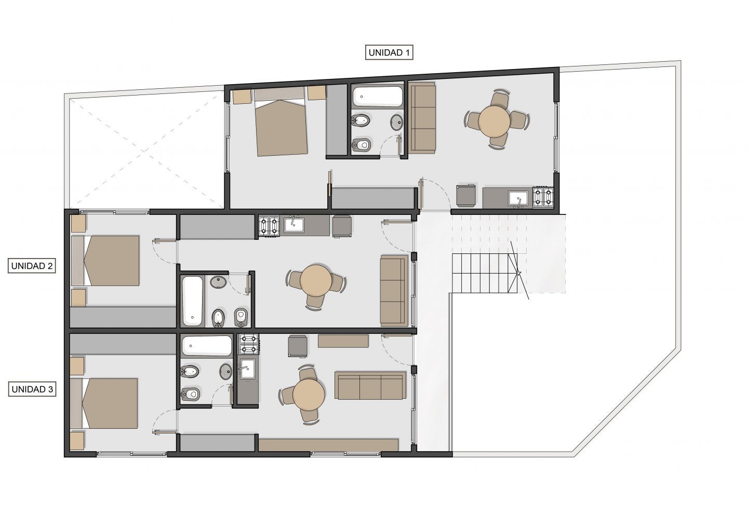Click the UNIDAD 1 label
pyautogui.click(x=389, y=52)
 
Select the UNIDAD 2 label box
pyautogui.click(x=32, y=266)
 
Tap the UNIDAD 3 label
pyautogui.click(x=32, y=389)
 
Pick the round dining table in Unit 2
pyautogui.click(x=316, y=280)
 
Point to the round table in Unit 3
pyautogui.click(x=309, y=395)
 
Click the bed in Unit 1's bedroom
pyautogui.click(x=281, y=122)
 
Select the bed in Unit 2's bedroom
pyautogui.click(x=105, y=261)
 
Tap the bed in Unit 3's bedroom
pyautogui.click(x=104, y=403)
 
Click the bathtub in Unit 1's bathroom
pyautogui.click(x=378, y=97)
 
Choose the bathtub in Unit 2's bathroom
pyautogui.click(x=193, y=301)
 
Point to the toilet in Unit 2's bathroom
pyautogui.click(x=241, y=317)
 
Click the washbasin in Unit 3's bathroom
pyautogui.click(x=226, y=371)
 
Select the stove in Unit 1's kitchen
pyautogui.click(x=543, y=197)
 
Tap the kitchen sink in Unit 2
pyautogui.click(x=294, y=225)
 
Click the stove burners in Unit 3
pyautogui.click(x=249, y=344)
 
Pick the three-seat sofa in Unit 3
pyautogui.click(x=370, y=386)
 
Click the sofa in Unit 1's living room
pyautogui.click(x=422, y=118)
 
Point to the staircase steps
pyautogui.click(x=485, y=273)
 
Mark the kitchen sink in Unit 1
pyautogui.click(x=518, y=198)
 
